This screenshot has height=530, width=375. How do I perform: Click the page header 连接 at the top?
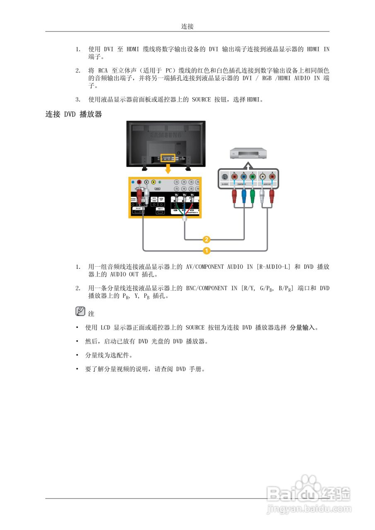pyautogui.click(x=187, y=26)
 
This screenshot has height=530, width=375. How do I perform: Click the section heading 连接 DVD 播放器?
pyautogui.click(x=73, y=114)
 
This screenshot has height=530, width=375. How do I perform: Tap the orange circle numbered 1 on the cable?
pyautogui.click(x=206, y=250)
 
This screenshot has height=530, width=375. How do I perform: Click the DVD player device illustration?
pyautogui.click(x=247, y=154)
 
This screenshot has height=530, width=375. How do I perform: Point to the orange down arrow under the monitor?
pyautogui.click(x=168, y=169)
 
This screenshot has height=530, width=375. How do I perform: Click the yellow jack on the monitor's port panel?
pyautogui.click(x=154, y=182)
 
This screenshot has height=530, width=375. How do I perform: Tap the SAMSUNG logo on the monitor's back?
pyautogui.click(x=166, y=135)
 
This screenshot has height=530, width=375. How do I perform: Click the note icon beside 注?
pyautogui.click(x=80, y=311)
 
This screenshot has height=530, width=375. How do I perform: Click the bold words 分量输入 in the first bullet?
pyautogui.click(x=302, y=328)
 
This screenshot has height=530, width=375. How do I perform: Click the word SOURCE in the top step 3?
pyautogui.click(x=201, y=99)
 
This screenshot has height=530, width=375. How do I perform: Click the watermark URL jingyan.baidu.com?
pyautogui.click(x=309, y=508)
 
